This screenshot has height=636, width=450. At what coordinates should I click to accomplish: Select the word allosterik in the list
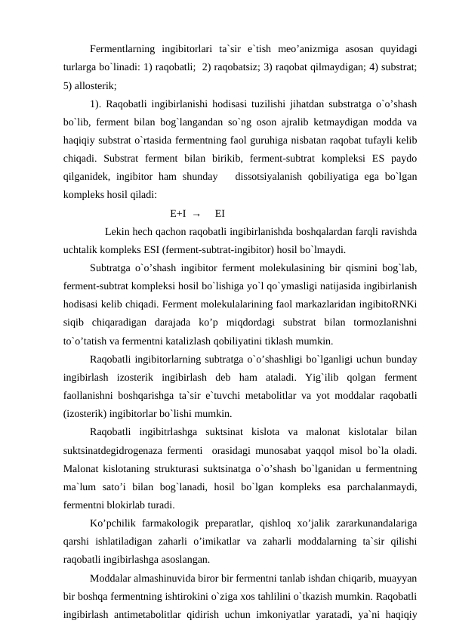95,84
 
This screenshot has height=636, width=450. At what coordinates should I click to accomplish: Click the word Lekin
118,230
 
